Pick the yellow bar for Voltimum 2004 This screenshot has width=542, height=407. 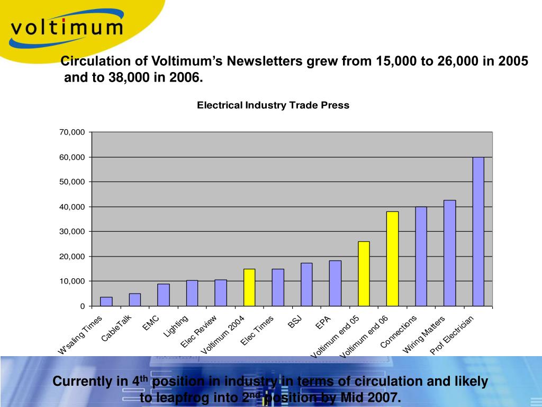(x=249, y=287)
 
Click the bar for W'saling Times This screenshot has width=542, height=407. (x=106, y=302)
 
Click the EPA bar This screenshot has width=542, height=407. (x=335, y=283)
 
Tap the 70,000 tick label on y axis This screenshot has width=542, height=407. (x=72, y=132)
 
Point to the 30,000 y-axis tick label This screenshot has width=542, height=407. (x=72, y=232)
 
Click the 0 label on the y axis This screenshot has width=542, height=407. (x=82, y=306)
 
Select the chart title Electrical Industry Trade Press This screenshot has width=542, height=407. (x=273, y=105)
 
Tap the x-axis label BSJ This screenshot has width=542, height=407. (x=295, y=322)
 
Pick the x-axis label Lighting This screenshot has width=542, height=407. (x=176, y=326)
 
